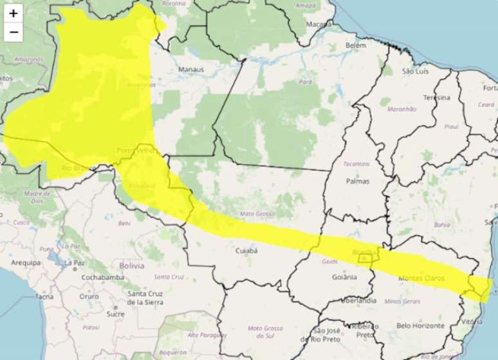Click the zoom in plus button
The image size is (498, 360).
pos(14,13)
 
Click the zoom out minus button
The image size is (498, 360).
pos(14,32)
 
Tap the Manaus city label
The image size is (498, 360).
pos(191,70)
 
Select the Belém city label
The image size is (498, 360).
pos(355,46)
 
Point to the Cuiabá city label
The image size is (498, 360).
pos(246,250)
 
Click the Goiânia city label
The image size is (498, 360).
pos(341,277)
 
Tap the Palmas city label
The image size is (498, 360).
pos(358,181)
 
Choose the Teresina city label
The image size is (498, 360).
pos(436,97)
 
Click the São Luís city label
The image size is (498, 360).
pos(416,71)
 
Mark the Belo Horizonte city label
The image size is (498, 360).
pos(420,326)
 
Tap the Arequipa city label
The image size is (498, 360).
pos(26,263)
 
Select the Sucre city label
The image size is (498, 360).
pos(115,314)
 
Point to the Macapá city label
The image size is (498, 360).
pos(319,24)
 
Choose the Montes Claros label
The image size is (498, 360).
pos(421,278)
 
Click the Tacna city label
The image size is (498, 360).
pos(44,296)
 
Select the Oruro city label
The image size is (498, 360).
pos(89,296)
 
